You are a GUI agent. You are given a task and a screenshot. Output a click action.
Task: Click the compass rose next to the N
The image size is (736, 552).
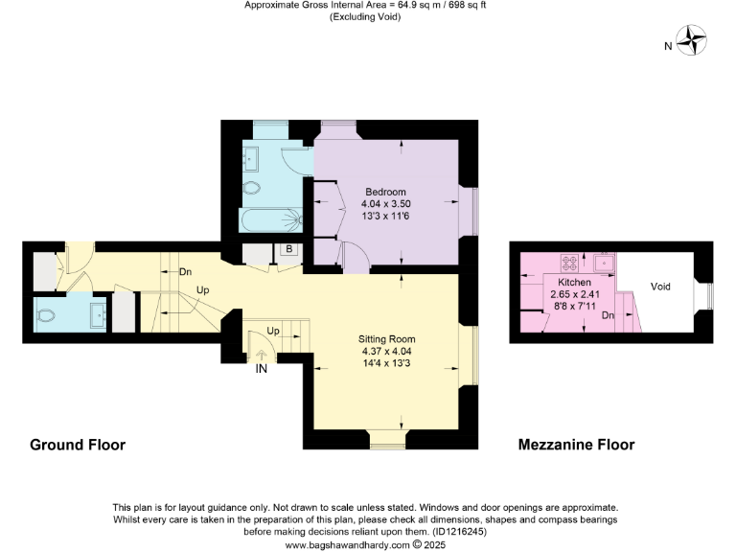pos(692,42)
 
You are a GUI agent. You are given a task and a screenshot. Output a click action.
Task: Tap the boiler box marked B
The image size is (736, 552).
pos(288,251)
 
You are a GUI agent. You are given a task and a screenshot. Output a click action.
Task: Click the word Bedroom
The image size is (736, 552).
pos(385,192)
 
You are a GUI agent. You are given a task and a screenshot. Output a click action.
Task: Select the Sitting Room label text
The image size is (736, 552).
pos(386,339)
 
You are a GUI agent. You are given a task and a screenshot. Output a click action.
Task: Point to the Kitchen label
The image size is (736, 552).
pos(574,283)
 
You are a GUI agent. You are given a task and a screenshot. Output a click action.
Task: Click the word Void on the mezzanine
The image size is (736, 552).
pos(660,287)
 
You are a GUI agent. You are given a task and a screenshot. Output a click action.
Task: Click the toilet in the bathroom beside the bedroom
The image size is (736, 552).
pos(253,188)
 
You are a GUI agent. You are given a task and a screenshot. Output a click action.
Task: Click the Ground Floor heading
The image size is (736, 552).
pos(78,445)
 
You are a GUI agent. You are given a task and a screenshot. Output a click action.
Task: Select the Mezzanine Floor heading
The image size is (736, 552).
pos(576,445)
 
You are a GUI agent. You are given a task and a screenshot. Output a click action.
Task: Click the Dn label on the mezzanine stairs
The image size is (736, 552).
pos(608,315)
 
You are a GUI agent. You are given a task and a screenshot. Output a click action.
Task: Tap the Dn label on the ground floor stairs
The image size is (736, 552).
pos(185,272)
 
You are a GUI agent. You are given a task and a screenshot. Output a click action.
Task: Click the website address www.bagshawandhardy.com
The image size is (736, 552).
pos(348,544)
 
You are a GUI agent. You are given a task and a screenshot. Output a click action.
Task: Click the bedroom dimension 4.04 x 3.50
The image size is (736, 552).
pos(385,204)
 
